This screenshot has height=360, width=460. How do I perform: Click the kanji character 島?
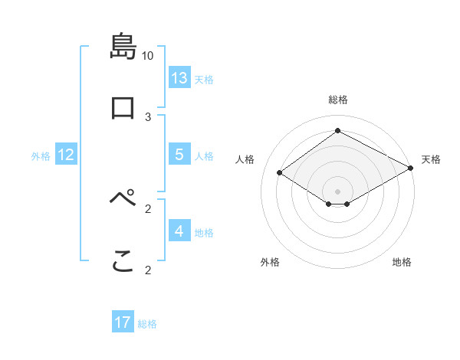click(123, 47)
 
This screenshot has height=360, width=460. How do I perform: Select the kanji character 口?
click(123, 107)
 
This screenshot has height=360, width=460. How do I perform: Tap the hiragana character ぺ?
click(123, 200)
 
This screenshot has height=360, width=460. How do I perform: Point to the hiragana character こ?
click(123, 262)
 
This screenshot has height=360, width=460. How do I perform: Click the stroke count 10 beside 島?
click(148, 56)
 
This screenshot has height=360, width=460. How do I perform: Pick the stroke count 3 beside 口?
click(148, 116)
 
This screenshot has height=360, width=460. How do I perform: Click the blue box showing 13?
click(179, 78)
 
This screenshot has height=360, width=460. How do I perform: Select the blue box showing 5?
click(179, 155)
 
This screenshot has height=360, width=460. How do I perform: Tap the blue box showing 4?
click(179, 231)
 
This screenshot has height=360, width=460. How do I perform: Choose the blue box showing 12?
click(66, 155)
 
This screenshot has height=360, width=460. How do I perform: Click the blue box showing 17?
click(123, 322)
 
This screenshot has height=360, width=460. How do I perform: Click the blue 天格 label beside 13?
click(204, 80)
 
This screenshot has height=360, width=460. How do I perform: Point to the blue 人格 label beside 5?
click(204, 156)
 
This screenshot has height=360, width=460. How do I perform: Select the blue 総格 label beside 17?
click(147, 324)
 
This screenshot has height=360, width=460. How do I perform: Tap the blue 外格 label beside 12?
click(41, 156)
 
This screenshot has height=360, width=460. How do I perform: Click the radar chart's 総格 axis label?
click(338, 100)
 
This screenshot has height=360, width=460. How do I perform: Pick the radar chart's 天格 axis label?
click(431, 159)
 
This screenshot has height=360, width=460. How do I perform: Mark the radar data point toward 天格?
click(412, 168)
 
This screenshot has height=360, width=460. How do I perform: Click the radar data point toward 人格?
click(280, 173)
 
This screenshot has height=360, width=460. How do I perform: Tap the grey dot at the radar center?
click(338, 191)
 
